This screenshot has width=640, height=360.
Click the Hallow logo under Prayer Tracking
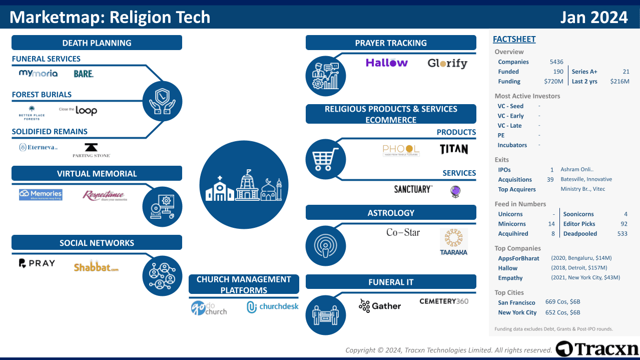click(x=386, y=63)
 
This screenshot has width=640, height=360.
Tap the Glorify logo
click(x=447, y=64)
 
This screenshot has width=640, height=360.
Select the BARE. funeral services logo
click(x=84, y=74)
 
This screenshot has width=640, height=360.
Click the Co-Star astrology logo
click(x=403, y=232)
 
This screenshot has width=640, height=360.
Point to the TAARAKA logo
click(x=454, y=242)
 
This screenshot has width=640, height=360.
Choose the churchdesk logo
click(x=272, y=307)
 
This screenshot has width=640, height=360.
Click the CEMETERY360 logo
click(x=444, y=301)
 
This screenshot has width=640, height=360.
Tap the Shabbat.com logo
click(x=96, y=267)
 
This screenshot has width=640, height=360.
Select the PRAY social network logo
click(x=37, y=263)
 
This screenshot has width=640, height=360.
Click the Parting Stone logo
click(x=91, y=150)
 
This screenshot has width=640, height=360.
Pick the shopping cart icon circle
click(x=325, y=159)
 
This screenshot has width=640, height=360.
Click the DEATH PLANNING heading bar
click(x=97, y=43)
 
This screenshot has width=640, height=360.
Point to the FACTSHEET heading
click(x=514, y=39)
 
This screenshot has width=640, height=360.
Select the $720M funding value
click(x=553, y=82)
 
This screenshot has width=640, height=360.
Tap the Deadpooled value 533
click(x=622, y=234)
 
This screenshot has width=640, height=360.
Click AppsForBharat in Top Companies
click(x=518, y=258)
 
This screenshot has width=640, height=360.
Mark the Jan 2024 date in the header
click(x=593, y=18)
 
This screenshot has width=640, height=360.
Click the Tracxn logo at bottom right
click(x=597, y=348)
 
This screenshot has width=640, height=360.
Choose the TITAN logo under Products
click(x=453, y=149)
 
